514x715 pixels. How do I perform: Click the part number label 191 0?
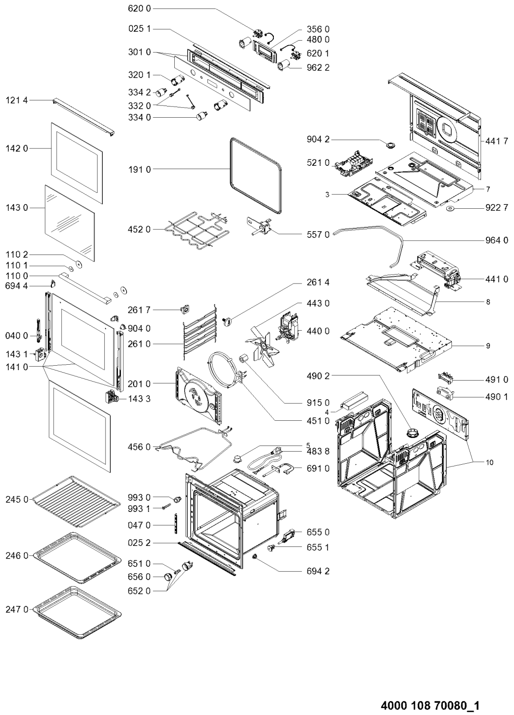[139, 170]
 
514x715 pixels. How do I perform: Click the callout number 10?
[489, 462]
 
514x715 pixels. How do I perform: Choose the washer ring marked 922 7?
[452, 208]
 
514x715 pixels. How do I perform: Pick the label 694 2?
[318, 571]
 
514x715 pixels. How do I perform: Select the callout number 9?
[488, 347]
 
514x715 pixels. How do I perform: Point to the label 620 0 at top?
[139, 9]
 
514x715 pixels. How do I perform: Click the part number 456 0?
[139, 447]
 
